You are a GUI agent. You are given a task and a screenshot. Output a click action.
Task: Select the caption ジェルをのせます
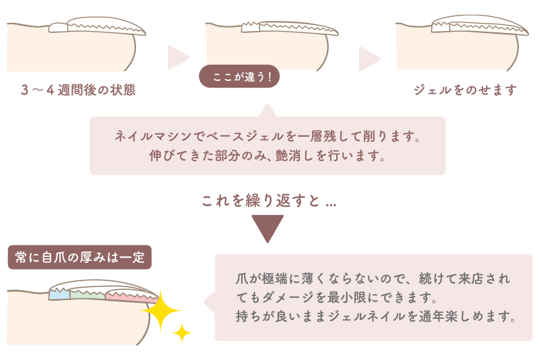[x=466, y=90]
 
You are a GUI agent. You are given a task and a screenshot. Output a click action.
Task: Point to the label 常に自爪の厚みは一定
[x=80, y=257]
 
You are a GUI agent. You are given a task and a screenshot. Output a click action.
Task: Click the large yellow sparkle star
[x=160, y=309]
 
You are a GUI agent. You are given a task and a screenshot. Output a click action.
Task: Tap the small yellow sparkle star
[x=181, y=332]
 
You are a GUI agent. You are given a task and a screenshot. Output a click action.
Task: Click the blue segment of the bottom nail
[x=59, y=294]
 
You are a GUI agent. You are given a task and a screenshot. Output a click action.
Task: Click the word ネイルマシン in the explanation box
[x=149, y=138]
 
